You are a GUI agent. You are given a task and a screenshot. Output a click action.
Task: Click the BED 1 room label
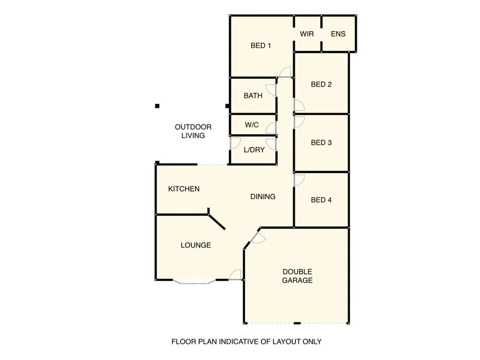tap(261, 45)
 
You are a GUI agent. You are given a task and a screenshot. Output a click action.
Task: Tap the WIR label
tap(307, 34)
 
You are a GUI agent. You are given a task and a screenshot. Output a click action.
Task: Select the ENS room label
tap(338, 34)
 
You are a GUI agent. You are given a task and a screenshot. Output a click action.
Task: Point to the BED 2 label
tap(322, 84)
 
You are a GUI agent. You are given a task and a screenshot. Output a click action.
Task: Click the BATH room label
tap(253, 96)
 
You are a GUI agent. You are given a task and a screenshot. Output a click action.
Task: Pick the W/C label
tap(252, 125)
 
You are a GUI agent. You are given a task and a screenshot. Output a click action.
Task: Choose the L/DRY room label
tap(254, 150)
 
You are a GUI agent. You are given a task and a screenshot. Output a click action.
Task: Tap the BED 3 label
tap(322, 142)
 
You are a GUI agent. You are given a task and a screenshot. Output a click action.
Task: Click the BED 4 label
tap(322, 200)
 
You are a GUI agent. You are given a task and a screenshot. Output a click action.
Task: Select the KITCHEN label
tap(184, 189)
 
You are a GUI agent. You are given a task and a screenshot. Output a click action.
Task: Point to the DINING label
tap(263, 197)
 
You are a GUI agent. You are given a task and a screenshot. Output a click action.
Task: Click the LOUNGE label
tap(196, 245)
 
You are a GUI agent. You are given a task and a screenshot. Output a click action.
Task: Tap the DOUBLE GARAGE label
tap(297, 276)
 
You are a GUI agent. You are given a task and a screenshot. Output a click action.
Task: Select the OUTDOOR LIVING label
tap(193, 131)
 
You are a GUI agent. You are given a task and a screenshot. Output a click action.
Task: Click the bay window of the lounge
tap(194, 282)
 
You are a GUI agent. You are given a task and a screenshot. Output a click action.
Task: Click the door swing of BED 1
tap(285, 72)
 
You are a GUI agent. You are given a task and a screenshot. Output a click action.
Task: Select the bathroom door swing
tap(270, 90)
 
